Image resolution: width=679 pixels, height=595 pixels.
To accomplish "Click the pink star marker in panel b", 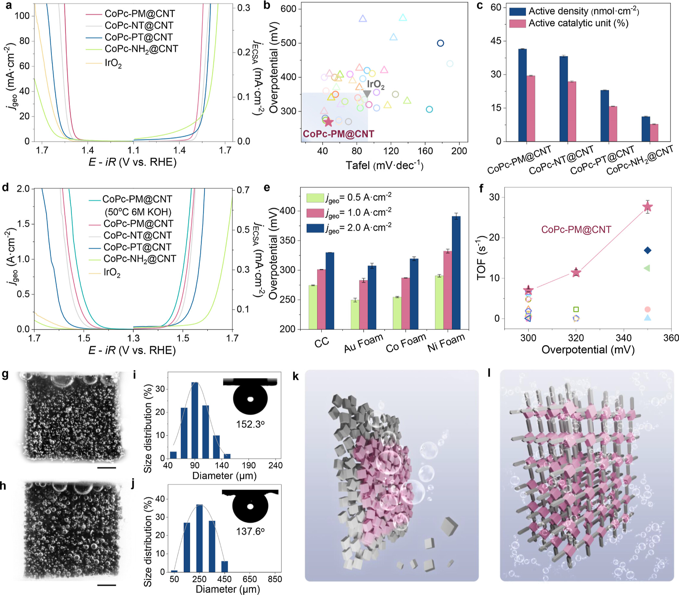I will pyautogui.click(x=328, y=122).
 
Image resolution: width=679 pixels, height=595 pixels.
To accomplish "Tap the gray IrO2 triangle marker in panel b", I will pyautogui.click(x=367, y=94).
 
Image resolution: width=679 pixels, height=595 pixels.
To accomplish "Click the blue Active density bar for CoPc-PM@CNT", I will pyautogui.click(x=522, y=95).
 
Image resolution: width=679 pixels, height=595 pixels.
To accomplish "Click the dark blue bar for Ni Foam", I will pyautogui.click(x=456, y=272).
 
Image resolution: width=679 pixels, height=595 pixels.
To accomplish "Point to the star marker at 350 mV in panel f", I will pyautogui.click(x=647, y=207).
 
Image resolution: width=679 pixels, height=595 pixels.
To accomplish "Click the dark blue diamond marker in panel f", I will pyautogui.click(x=647, y=250).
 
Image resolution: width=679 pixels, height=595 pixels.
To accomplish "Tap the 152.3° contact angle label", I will pyautogui.click(x=250, y=424).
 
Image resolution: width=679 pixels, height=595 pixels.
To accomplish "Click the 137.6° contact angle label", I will pyautogui.click(x=250, y=531).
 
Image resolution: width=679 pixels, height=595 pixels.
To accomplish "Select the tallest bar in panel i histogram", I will pyautogui.click(x=195, y=420).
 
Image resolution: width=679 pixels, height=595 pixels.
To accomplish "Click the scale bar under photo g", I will pyautogui.click(x=107, y=468).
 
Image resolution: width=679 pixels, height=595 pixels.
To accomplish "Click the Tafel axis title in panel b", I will pyautogui.click(x=384, y=165).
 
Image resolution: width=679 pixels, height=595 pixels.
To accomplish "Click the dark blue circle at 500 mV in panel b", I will pyautogui.click(x=441, y=43).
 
